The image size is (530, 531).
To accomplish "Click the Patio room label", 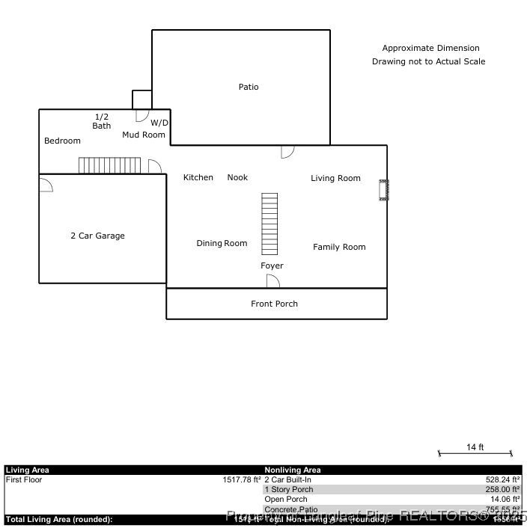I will click(249, 88).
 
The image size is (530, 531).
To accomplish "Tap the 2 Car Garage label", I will click(97, 236).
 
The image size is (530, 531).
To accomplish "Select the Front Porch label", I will click(274, 304).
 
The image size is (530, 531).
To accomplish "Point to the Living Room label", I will click(335, 179).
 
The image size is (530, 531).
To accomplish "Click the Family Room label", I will click(339, 248).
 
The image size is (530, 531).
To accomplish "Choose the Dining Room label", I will click(222, 244).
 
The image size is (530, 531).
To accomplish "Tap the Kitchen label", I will click(198, 178).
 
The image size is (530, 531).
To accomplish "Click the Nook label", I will click(237, 178).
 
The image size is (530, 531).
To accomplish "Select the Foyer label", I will click(272, 266).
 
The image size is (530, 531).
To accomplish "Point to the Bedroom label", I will click(62, 141).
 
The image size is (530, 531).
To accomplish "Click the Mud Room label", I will click(144, 135).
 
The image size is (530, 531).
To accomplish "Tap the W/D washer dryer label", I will click(159, 123).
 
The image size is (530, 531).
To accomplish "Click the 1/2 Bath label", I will click(102, 121).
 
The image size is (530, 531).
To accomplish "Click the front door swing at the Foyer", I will click(273, 281).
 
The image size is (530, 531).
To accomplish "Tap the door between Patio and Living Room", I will click(287, 152).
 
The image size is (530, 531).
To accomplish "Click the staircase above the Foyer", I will click(269, 223).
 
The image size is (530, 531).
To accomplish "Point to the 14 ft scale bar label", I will click(475, 447).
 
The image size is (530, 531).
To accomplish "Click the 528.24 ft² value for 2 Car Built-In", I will click(502, 480).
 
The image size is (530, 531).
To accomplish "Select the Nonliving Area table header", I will click(293, 470).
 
